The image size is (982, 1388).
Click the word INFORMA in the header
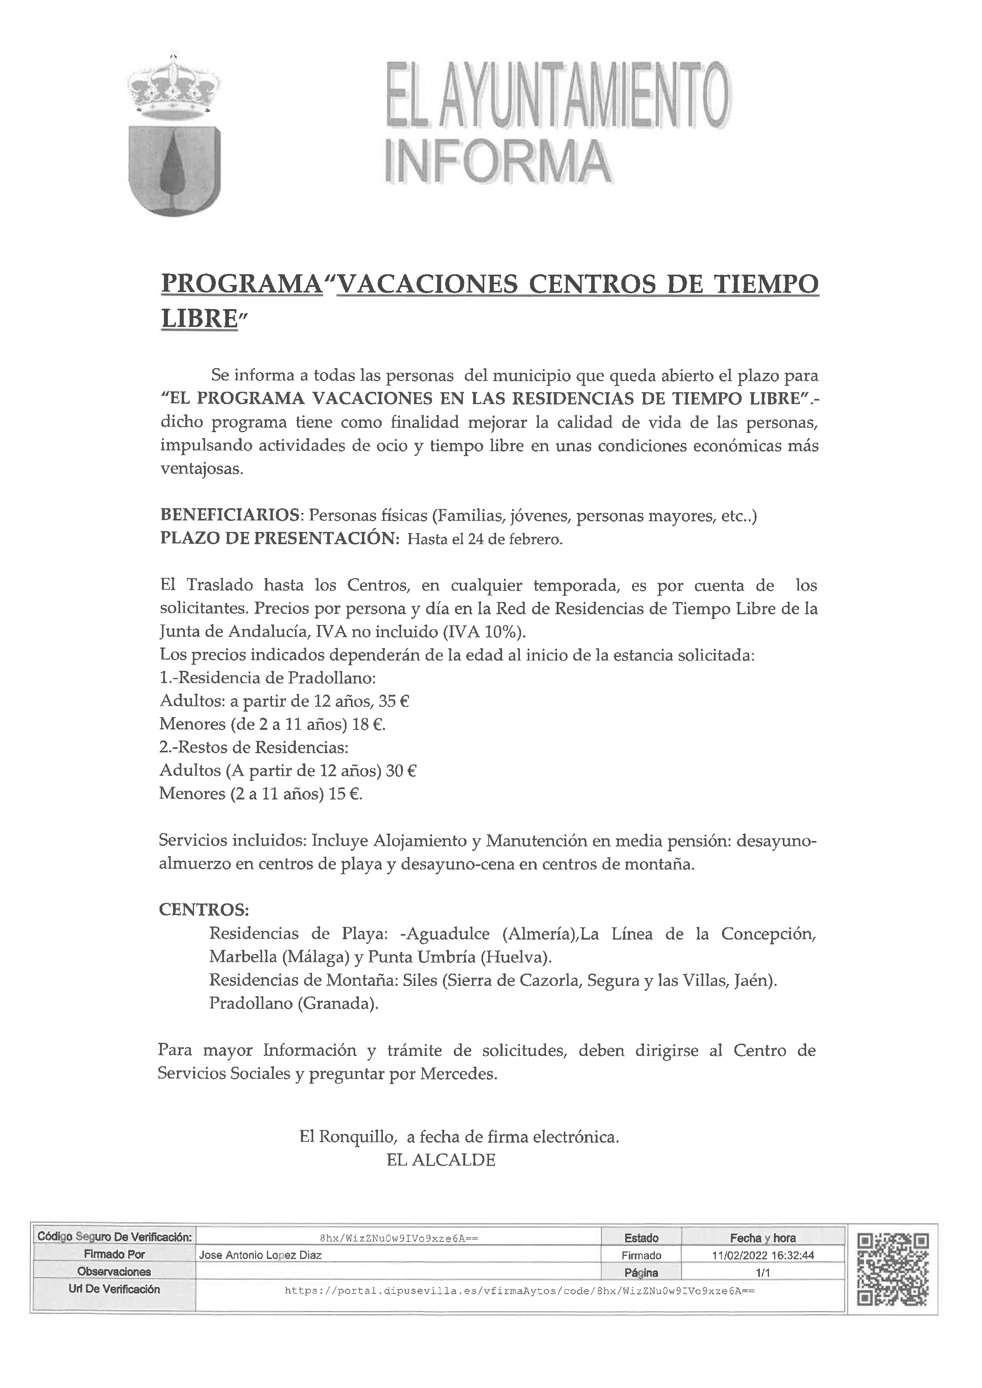(x=498, y=162)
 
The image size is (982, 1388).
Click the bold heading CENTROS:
(x=204, y=910)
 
